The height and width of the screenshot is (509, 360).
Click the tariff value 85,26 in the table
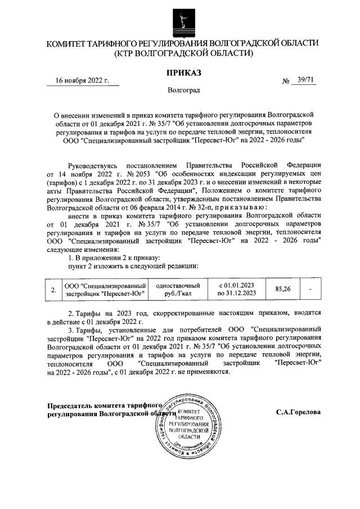point(282,289)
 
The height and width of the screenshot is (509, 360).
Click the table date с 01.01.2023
point(236,285)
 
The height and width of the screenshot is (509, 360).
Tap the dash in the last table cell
point(310,289)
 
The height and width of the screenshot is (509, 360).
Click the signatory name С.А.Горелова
point(298,411)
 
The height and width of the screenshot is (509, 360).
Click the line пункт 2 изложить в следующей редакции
point(133,265)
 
